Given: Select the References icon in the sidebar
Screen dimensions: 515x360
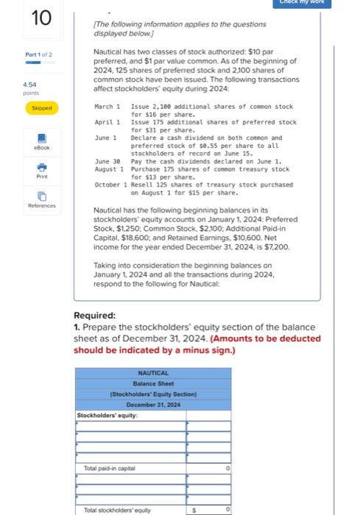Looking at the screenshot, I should [42, 196].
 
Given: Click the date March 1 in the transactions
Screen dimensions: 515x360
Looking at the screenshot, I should [107, 107].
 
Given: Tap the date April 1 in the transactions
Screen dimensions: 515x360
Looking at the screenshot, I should [107, 122].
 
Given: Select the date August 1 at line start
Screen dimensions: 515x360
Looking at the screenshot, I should [107, 169].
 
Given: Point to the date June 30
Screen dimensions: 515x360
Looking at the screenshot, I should [107, 161].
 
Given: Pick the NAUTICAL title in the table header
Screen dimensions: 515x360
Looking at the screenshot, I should [153, 373].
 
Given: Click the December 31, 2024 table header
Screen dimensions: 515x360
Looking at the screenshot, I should [153, 405].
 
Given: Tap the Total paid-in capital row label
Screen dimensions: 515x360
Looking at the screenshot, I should [108, 468].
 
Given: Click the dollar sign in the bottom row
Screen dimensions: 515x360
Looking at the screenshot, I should [194, 509].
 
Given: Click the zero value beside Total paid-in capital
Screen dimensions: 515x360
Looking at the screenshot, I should [227, 468].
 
